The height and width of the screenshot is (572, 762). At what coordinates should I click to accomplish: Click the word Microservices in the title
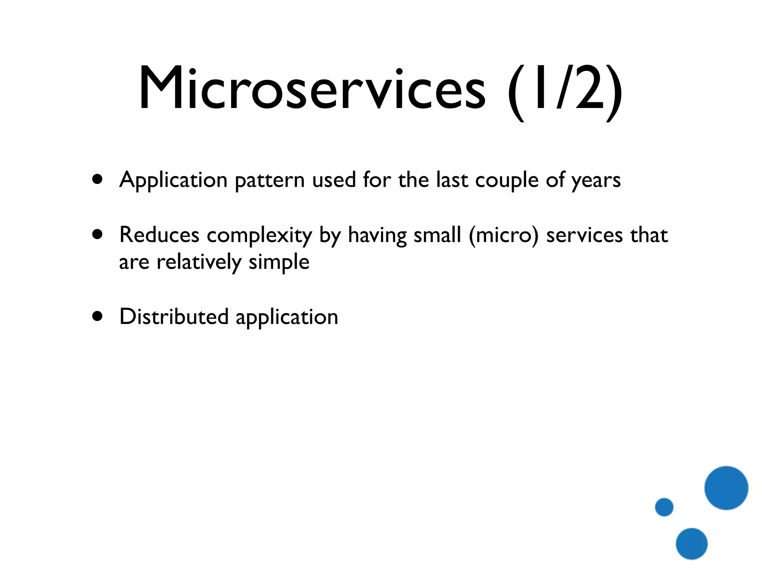312,89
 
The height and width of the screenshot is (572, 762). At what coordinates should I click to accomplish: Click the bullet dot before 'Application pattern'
97,179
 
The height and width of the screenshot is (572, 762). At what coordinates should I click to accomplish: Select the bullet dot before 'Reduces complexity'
97,235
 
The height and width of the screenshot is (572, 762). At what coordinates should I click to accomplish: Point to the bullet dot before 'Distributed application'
97,316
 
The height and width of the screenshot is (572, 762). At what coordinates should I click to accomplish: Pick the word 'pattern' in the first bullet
269,181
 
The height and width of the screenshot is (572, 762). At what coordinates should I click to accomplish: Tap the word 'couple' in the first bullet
507,181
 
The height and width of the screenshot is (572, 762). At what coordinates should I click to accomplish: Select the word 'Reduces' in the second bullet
159,235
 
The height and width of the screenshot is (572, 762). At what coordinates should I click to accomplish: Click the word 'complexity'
259,236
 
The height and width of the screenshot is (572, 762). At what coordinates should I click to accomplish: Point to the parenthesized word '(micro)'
503,235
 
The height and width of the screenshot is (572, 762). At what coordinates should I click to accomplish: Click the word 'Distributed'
174,317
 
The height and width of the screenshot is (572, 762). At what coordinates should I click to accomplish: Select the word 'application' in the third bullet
287,318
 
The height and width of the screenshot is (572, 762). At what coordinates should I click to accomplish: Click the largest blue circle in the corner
726,488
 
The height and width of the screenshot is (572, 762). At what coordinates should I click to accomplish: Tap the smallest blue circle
664,507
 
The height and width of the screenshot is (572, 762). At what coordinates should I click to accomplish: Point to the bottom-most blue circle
691,544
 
